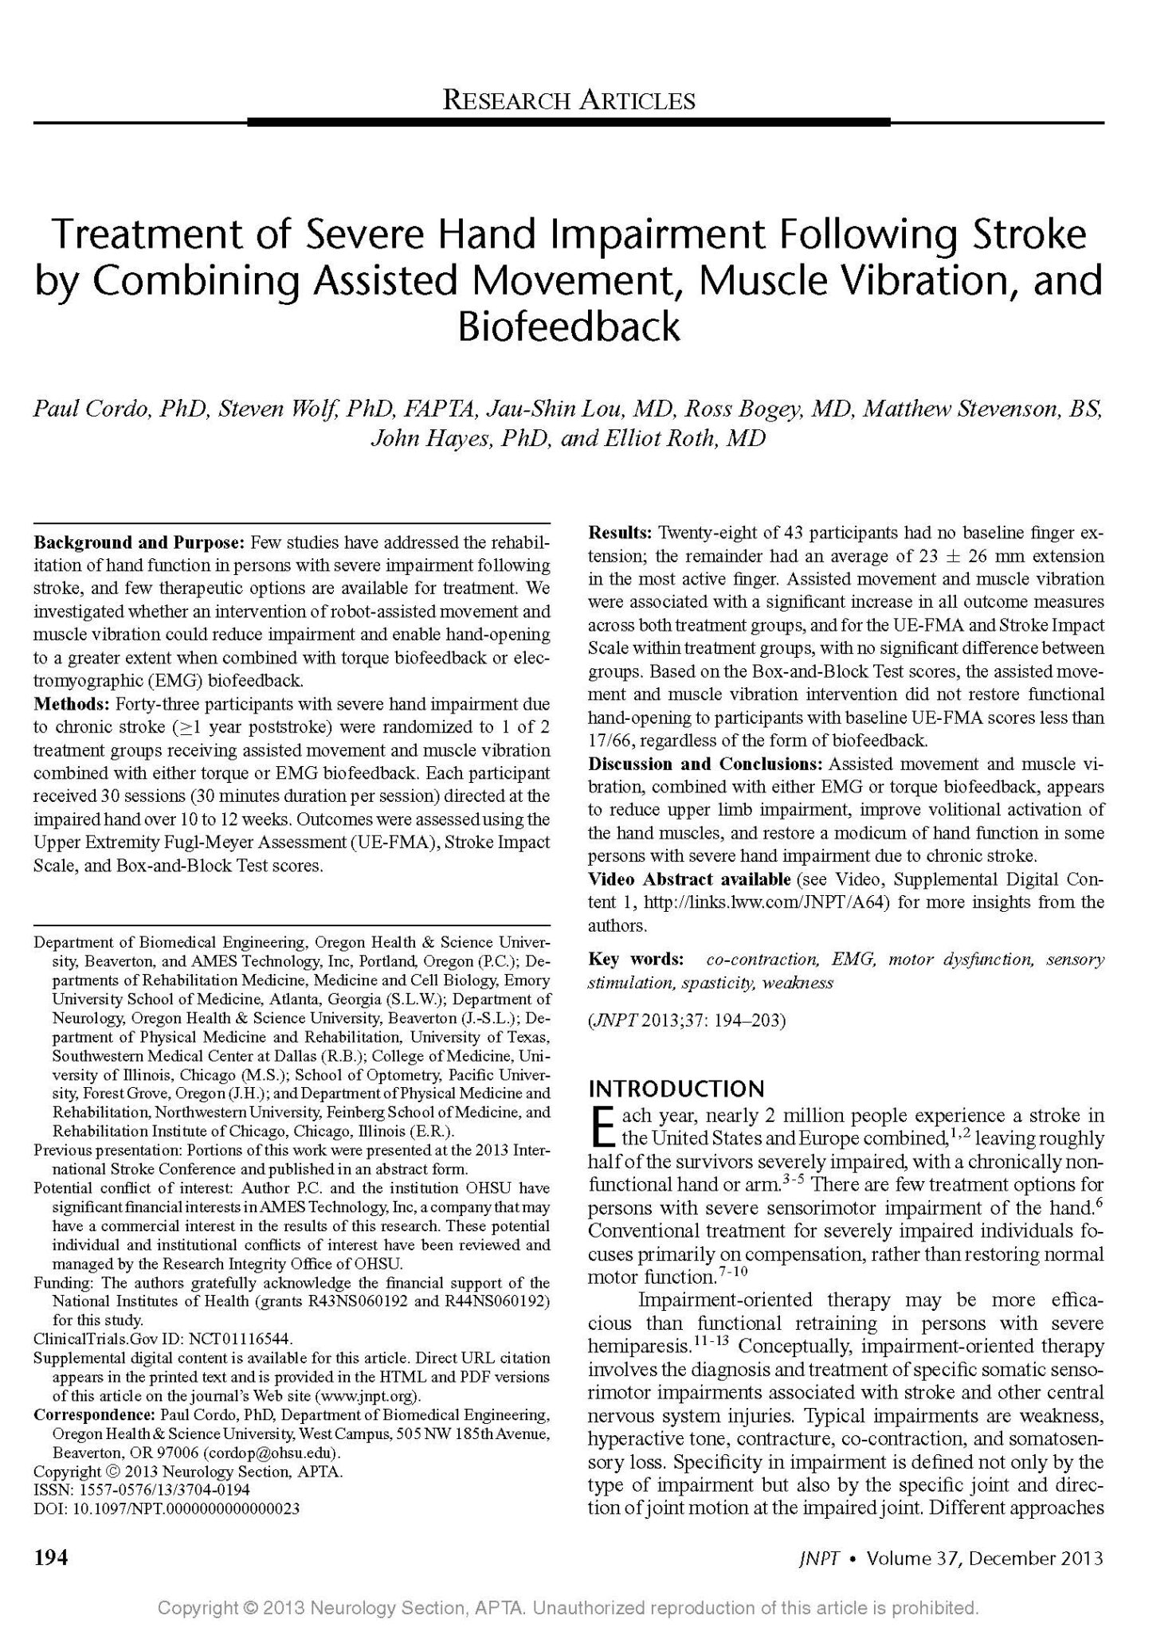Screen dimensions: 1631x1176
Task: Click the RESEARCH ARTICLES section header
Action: (x=569, y=100)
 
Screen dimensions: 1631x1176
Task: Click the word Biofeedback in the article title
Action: (x=569, y=327)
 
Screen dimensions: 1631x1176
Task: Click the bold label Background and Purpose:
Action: (x=139, y=543)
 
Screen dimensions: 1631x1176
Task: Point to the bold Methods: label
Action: (x=72, y=704)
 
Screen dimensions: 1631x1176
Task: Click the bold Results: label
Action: (x=621, y=532)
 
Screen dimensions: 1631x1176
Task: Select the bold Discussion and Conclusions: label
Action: (x=706, y=764)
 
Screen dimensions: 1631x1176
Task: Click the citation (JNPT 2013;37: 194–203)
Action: (x=687, y=1020)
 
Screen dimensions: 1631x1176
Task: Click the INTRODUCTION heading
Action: (x=676, y=1089)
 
